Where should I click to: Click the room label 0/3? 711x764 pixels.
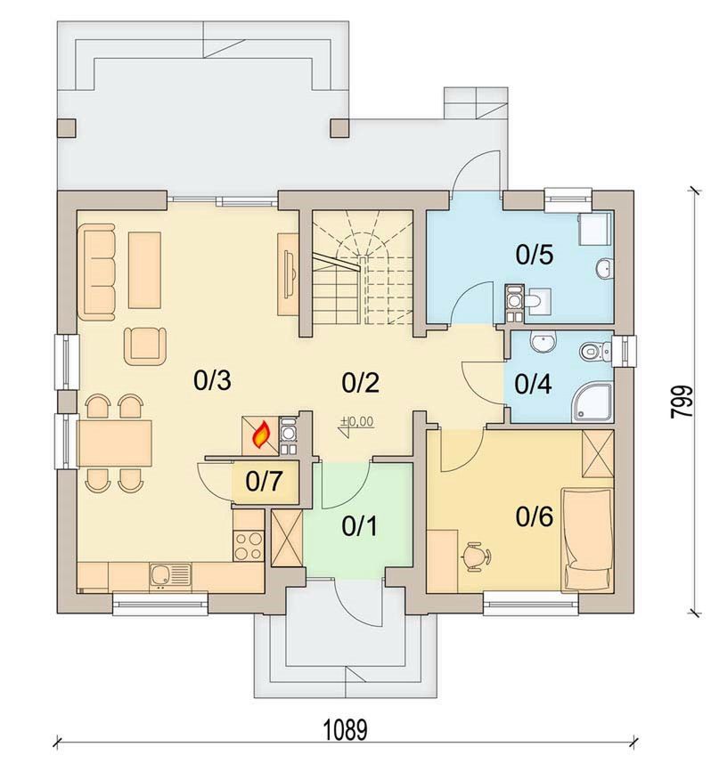tap(212, 380)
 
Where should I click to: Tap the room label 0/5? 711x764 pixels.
tap(535, 255)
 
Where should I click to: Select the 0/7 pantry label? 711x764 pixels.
tap(264, 482)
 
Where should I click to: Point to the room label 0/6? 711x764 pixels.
tap(535, 516)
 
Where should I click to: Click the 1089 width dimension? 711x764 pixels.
tap(346, 731)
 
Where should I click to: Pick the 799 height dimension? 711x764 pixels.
tap(682, 401)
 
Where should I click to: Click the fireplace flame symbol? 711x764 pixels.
tap(261, 435)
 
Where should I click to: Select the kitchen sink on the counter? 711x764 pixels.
tap(171, 577)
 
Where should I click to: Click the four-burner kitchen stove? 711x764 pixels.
tap(249, 546)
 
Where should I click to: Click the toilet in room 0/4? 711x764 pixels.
tap(595, 351)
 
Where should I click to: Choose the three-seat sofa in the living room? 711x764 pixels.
tap(96, 272)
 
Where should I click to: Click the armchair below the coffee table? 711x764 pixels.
tap(145, 346)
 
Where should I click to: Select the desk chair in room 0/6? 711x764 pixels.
tap(476, 557)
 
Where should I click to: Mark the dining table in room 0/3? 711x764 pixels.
tap(115, 443)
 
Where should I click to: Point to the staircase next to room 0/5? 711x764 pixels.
tap(363, 267)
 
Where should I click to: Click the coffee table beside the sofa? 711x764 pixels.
tap(145, 270)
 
